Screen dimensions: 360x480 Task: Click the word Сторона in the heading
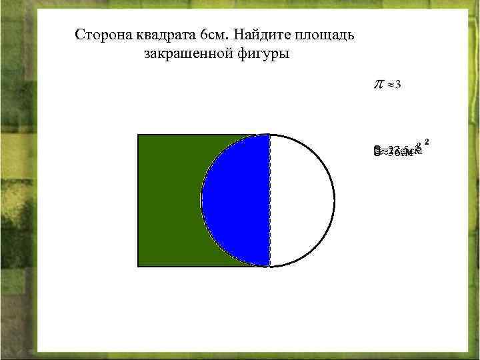100,35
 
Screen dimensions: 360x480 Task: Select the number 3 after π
397,85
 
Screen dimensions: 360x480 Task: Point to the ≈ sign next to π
389,85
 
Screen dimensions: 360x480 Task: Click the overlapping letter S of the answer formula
377,151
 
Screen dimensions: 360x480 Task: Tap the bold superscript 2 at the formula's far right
427,141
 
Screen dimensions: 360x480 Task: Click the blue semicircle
237,200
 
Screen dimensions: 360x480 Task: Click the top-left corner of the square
138,135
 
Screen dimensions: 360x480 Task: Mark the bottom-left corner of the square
138,266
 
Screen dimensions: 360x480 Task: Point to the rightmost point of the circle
335,200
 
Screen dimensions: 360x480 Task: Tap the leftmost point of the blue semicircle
201,200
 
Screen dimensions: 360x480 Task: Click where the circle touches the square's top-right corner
269,135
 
